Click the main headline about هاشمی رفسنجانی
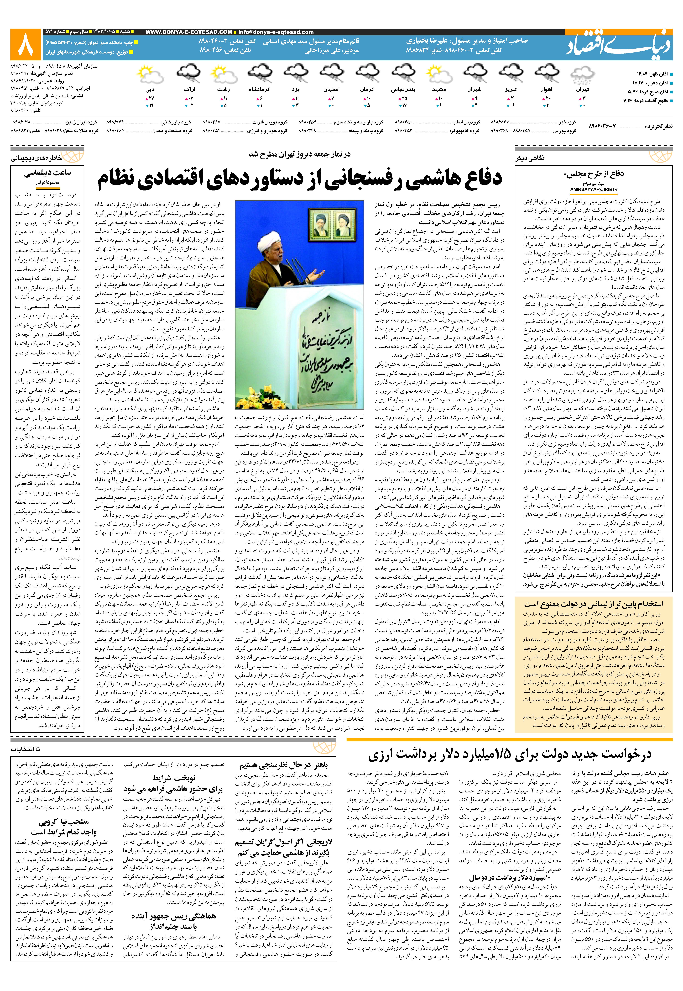tap(300, 179)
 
